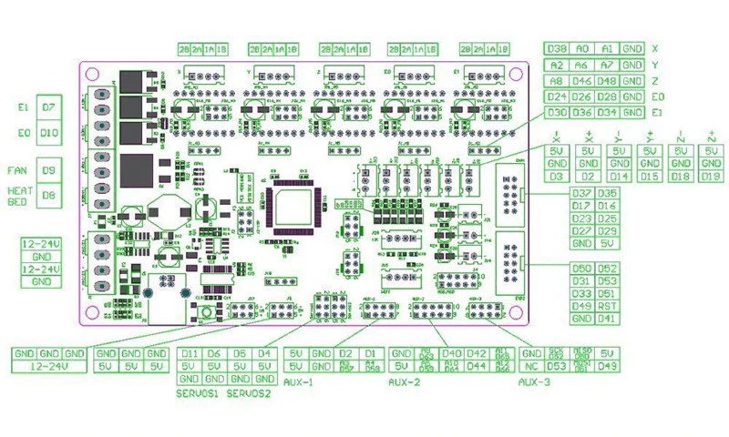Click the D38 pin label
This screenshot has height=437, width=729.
pyautogui.click(x=557, y=48)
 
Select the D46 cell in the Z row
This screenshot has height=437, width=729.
pyautogui.click(x=582, y=81)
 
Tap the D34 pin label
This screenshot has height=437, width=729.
pyautogui.click(x=607, y=113)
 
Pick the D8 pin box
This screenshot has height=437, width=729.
pyautogui.click(x=48, y=196)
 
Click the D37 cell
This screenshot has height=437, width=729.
pyautogui.click(x=581, y=193)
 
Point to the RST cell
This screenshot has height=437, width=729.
pyautogui.click(x=607, y=306)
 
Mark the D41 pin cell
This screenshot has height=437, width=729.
pyautogui.click(x=607, y=319)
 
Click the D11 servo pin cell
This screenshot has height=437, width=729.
pyautogui.click(x=190, y=353)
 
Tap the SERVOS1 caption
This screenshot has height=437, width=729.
pyautogui.click(x=198, y=393)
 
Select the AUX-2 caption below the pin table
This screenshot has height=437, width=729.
pyautogui.click(x=406, y=382)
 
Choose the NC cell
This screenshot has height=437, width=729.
pyautogui.click(x=532, y=366)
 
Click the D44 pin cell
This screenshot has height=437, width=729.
pyautogui.click(x=476, y=366)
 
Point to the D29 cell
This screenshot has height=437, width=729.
pyautogui.click(x=607, y=231)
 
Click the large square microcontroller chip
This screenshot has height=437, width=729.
pyautogui.click(x=295, y=206)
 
